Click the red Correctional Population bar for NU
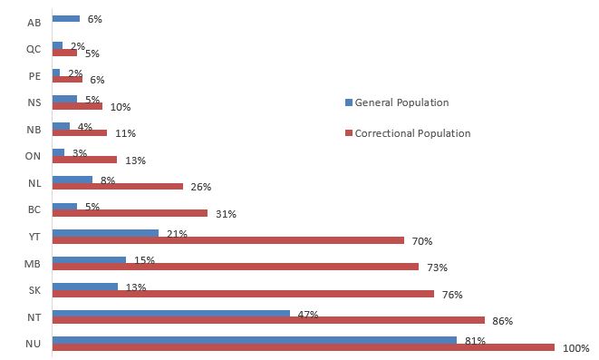click(x=303, y=347)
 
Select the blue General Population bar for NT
click(x=171, y=314)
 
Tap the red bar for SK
click(x=243, y=294)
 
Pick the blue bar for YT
click(x=105, y=233)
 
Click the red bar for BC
click(x=130, y=214)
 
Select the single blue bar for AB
click(x=66, y=18)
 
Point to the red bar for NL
click(x=118, y=187)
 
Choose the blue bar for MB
click(x=89, y=260)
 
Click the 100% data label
click(x=575, y=348)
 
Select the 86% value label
click(x=502, y=321)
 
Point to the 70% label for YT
click(x=421, y=241)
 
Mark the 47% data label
click(x=308, y=314)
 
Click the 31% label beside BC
click(x=225, y=214)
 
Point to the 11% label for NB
click(x=124, y=133)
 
